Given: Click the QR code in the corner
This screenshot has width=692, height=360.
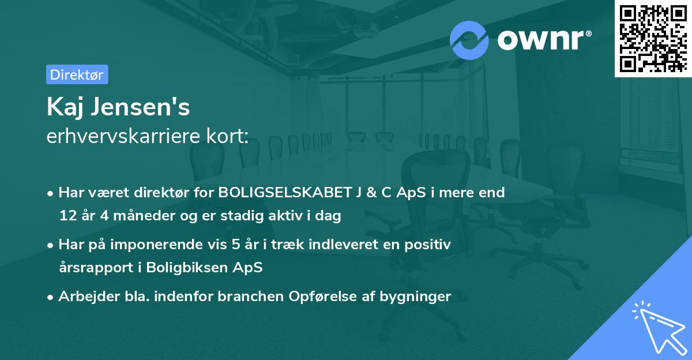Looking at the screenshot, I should tap(653, 38).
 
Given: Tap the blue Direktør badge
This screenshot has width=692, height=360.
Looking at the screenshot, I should tap(77, 74).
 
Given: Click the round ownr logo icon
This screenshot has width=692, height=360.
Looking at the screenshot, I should tap(469, 40).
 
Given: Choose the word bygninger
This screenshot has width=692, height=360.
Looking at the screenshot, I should tap(419, 297).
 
